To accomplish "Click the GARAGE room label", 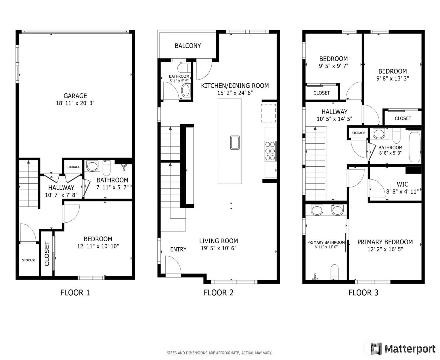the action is click(x=75, y=96).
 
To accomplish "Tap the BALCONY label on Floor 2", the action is click(x=188, y=46).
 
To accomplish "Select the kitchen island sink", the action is click(x=235, y=143).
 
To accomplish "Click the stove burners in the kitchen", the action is click(x=270, y=151).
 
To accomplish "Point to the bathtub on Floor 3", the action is click(x=414, y=147).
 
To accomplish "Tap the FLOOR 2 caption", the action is click(x=218, y=293).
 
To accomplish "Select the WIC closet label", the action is click(x=402, y=184).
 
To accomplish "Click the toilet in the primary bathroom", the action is click(x=334, y=272).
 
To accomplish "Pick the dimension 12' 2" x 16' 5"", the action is click(x=385, y=249).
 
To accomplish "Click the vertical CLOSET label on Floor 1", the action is click(x=47, y=254).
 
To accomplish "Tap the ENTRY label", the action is click(x=178, y=249).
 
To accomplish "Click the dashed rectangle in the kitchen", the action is click(x=268, y=113).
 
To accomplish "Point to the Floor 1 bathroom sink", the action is click(x=92, y=166).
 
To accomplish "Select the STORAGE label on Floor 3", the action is click(x=358, y=133).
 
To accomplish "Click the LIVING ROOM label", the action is click(x=219, y=241).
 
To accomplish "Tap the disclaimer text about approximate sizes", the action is click(x=219, y=353).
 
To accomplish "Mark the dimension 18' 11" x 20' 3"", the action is click(x=75, y=103).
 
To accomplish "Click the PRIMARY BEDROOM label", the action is click(x=385, y=242).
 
